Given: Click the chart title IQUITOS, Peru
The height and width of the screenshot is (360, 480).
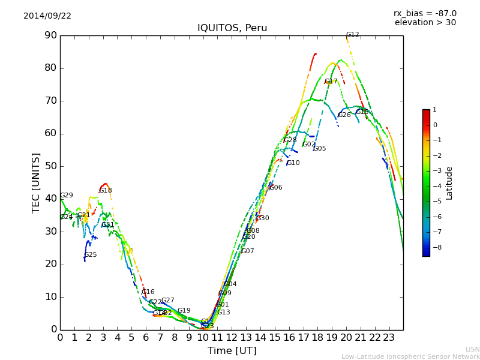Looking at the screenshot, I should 232,28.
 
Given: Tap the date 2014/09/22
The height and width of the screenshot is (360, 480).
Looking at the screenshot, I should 47,16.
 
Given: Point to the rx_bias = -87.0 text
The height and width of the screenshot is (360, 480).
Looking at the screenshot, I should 425,13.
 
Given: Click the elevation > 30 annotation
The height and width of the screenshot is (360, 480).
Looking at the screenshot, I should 425,23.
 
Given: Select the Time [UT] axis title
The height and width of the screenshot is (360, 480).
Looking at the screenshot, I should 232,351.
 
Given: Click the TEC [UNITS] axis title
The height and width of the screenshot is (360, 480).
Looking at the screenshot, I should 36,182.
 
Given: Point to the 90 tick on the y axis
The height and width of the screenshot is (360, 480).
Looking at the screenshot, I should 50,35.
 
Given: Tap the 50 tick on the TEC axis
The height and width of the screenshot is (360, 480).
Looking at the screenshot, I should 50,166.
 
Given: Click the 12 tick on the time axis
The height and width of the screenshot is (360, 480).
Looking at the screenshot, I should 232,337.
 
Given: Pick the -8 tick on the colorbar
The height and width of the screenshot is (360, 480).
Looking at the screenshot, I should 435,247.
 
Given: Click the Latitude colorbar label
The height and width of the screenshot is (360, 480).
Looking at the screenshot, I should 449,183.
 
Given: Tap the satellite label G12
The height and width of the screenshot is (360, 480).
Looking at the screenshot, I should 353,35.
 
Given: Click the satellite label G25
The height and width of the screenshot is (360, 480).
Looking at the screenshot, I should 91,255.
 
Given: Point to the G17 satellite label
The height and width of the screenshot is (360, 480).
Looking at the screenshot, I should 331,82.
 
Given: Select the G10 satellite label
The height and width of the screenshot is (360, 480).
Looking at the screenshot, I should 293,163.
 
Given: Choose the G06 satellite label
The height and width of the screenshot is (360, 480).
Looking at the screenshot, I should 275,188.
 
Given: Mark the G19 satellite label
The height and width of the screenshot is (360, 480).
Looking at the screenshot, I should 184,311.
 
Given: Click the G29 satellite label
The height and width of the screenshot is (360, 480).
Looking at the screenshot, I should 67,196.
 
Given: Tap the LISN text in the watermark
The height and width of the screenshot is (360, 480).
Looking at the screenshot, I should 472,349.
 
